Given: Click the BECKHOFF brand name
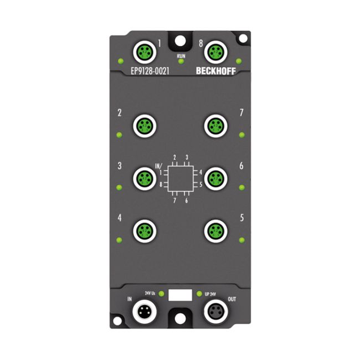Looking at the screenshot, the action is pyautogui.click(x=216, y=71).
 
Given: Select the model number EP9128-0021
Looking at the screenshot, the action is pyautogui.click(x=150, y=71).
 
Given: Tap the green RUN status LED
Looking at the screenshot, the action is pyautogui.click(x=181, y=61).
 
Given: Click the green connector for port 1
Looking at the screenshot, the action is pyautogui.click(x=145, y=53).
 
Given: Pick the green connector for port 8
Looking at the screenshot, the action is pyautogui.click(x=215, y=53).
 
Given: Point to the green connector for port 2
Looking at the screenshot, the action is pyautogui.click(x=145, y=126).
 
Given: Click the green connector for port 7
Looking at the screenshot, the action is pyautogui.click(x=215, y=126).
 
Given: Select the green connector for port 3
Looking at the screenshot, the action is pyautogui.click(x=145, y=179).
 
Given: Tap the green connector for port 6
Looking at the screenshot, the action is pyautogui.click(x=215, y=179).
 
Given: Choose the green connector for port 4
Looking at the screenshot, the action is pyautogui.click(x=145, y=231).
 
